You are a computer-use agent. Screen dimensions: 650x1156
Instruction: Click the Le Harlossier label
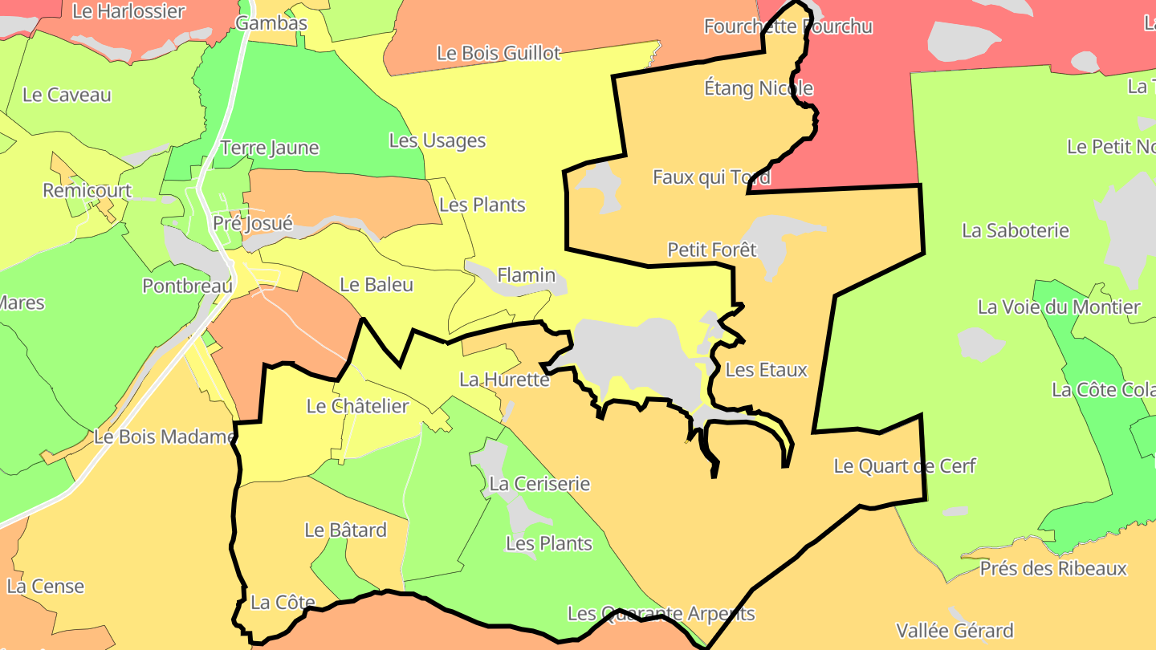[x=128, y=12]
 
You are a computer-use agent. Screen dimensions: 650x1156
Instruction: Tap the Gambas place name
[x=271, y=23]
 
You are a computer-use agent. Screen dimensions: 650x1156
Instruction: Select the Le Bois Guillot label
[x=499, y=54]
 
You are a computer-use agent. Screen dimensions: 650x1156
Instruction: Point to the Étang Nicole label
[x=759, y=88]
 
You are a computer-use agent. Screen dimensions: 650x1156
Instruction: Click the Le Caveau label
[x=67, y=95]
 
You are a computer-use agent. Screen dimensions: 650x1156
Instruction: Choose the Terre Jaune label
[x=270, y=148]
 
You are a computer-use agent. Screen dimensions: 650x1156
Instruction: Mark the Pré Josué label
[x=253, y=223]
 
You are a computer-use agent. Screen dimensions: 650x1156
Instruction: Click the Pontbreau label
[x=187, y=286]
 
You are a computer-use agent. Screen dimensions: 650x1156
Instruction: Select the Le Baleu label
[x=377, y=285]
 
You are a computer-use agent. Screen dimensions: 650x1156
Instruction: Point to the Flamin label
[x=527, y=275]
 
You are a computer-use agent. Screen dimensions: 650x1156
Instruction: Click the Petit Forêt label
[x=712, y=250]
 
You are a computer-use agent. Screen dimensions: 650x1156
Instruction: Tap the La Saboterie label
[x=1016, y=231]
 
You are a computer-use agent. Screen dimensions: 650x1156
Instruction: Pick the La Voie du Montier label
[x=1059, y=307]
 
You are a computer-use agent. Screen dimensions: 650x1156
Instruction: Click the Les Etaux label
[x=766, y=370]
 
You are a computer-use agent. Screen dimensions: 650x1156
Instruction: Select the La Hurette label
[x=504, y=380]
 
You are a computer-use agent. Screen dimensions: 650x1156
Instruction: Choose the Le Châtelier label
[x=358, y=407]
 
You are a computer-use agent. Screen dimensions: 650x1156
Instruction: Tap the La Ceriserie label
[x=539, y=484]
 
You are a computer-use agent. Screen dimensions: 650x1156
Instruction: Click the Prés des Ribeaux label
[x=1053, y=569]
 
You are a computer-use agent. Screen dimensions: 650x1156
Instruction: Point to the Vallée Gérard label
[x=955, y=631]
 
